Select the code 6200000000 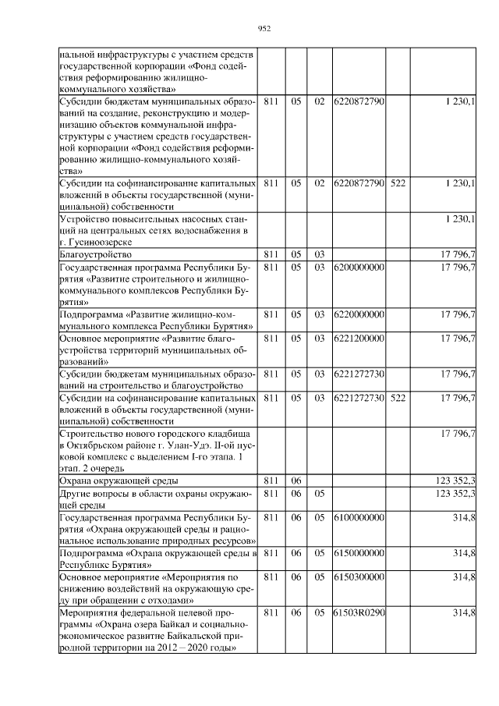(359, 267)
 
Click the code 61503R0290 (359, 613)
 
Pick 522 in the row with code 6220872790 (398, 183)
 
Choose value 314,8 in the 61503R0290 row (465, 613)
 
